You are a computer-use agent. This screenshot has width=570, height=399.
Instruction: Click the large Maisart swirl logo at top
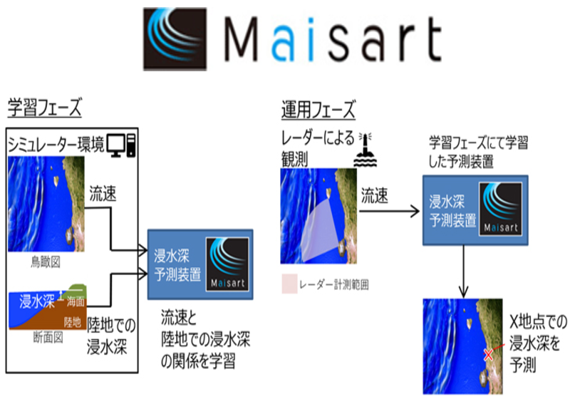point(175,39)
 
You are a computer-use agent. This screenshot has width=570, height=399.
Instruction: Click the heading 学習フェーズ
point(45,107)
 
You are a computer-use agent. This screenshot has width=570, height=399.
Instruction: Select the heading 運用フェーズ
point(318,110)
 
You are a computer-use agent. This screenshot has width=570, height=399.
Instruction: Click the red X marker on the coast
point(488,355)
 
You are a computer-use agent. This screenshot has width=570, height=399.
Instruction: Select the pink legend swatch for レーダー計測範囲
point(289,284)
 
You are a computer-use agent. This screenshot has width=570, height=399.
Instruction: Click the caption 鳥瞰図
point(46,262)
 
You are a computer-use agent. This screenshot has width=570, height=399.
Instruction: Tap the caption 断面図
point(48,337)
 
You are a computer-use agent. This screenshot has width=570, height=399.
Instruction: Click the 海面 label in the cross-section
point(76,301)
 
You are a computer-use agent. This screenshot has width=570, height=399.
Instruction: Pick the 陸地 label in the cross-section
point(73,322)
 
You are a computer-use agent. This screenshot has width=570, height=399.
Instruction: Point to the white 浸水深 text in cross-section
point(37,301)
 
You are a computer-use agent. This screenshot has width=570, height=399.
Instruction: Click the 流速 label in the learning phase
point(103,194)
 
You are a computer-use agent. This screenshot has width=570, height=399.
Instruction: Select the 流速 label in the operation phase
point(375,196)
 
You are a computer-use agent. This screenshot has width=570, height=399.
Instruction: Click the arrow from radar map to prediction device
point(389,211)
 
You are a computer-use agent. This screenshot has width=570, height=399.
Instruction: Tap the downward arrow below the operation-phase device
point(464,271)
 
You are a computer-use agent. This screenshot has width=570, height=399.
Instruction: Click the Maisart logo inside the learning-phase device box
point(227,264)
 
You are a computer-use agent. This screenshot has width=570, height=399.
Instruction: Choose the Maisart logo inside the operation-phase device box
point(501,209)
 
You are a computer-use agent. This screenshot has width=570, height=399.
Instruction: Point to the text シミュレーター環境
point(56,145)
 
